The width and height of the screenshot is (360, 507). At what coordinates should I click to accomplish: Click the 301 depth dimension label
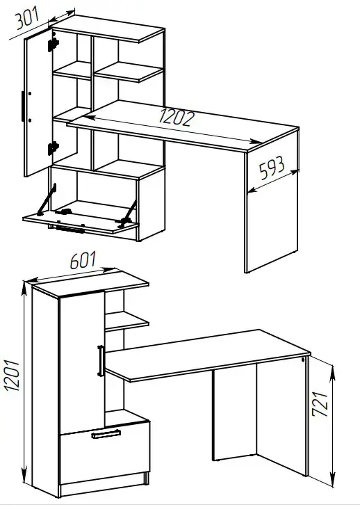[28, 17]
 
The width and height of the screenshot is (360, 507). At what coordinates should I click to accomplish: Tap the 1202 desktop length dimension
[177, 118]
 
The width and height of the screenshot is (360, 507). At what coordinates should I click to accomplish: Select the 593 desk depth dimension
[272, 168]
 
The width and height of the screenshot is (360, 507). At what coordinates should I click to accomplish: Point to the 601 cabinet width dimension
[83, 260]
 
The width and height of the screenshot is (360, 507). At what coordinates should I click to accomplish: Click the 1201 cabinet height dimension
[13, 376]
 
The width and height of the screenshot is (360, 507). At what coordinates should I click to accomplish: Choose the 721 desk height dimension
[320, 404]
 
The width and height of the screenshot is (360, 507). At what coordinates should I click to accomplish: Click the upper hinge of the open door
[53, 45]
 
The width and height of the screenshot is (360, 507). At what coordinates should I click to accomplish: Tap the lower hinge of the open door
[53, 147]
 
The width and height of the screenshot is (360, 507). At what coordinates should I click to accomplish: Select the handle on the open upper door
[23, 106]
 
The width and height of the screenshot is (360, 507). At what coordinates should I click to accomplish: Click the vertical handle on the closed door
[101, 361]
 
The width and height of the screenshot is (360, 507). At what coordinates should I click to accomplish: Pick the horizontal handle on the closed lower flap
[106, 434]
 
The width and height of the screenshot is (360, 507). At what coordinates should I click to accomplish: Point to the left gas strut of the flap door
[47, 199]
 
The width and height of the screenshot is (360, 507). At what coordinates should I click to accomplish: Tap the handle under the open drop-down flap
[69, 230]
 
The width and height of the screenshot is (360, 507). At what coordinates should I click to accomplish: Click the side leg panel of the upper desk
[272, 200]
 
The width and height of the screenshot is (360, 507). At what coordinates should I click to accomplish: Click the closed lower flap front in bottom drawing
[105, 452]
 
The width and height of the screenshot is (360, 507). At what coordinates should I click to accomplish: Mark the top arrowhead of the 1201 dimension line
[24, 289]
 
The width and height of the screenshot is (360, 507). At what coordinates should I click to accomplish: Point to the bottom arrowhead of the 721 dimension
[332, 479]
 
